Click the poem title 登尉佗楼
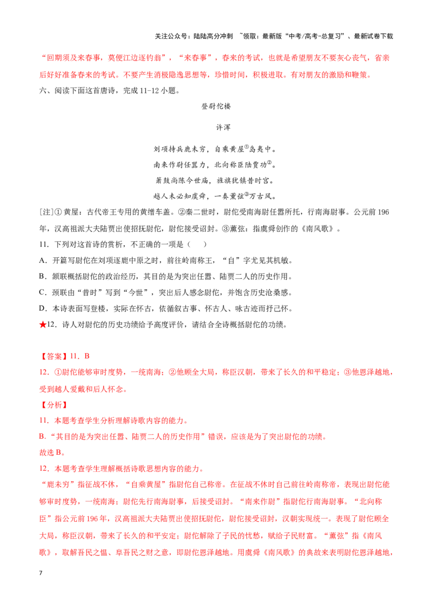coord(215,106)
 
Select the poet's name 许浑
coord(223,127)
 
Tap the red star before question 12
coord(43,325)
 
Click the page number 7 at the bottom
coord(40,573)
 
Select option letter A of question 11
coord(43,261)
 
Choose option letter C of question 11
coord(43,292)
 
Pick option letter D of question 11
coord(43,309)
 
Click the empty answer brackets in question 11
coord(197,245)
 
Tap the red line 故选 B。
coord(52,453)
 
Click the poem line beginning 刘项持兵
coord(215,149)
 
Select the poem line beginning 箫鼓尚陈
coord(215,181)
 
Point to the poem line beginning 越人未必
coord(215,196)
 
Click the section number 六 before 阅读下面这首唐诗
coord(43,90)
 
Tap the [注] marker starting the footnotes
coord(45,212)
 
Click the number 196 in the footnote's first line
coord(383,212)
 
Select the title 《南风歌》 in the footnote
coord(318,229)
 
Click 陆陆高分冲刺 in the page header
coord(213,36)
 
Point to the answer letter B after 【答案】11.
coord(86,356)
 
